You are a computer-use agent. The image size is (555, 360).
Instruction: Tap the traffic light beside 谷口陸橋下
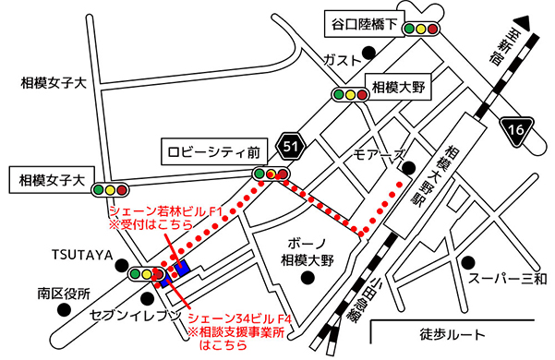(x=422, y=29)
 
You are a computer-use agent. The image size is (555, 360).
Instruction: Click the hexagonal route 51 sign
(x=292, y=145)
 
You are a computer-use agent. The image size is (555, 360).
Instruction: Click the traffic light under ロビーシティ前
(x=271, y=174)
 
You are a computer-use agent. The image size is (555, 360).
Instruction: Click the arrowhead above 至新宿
(x=522, y=20)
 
